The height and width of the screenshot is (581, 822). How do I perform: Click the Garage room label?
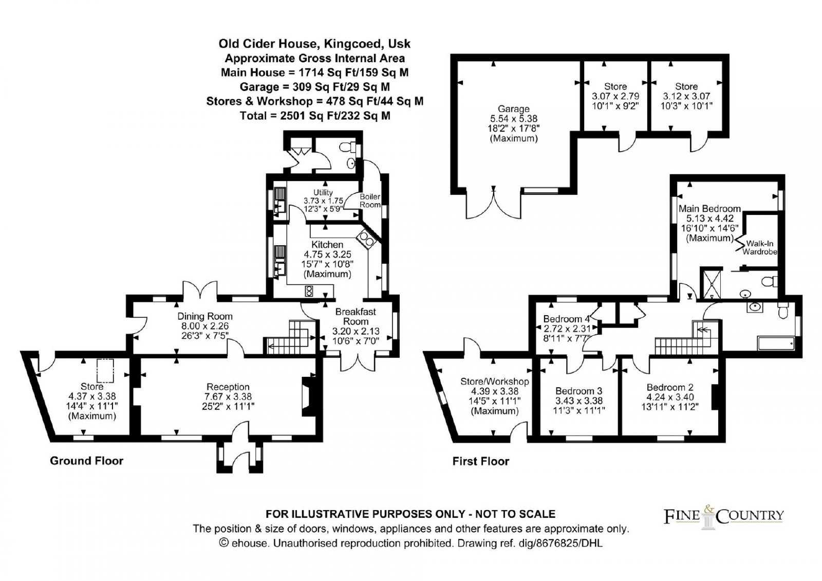(x=513, y=109)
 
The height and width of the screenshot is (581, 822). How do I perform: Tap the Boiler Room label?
(x=370, y=201)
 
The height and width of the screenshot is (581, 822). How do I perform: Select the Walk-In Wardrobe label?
(x=760, y=247)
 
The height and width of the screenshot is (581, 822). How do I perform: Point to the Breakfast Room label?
(x=356, y=317)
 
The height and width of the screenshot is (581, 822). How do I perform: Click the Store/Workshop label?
(x=495, y=382)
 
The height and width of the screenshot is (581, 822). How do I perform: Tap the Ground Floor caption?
(x=87, y=461)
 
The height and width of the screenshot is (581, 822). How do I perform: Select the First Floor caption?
(x=481, y=461)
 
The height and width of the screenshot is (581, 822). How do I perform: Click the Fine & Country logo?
(x=724, y=517)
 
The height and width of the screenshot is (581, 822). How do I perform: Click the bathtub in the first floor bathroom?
(x=776, y=343)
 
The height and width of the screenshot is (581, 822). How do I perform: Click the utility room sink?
(x=281, y=201)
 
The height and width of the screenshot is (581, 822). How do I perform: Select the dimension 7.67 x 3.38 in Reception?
(x=228, y=396)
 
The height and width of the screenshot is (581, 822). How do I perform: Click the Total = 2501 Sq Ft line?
(x=315, y=116)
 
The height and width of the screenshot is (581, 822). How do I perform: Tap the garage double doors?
(x=493, y=203)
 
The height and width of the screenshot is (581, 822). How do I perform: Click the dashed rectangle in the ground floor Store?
(x=105, y=371)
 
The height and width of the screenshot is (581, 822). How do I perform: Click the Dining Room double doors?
(x=200, y=290)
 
